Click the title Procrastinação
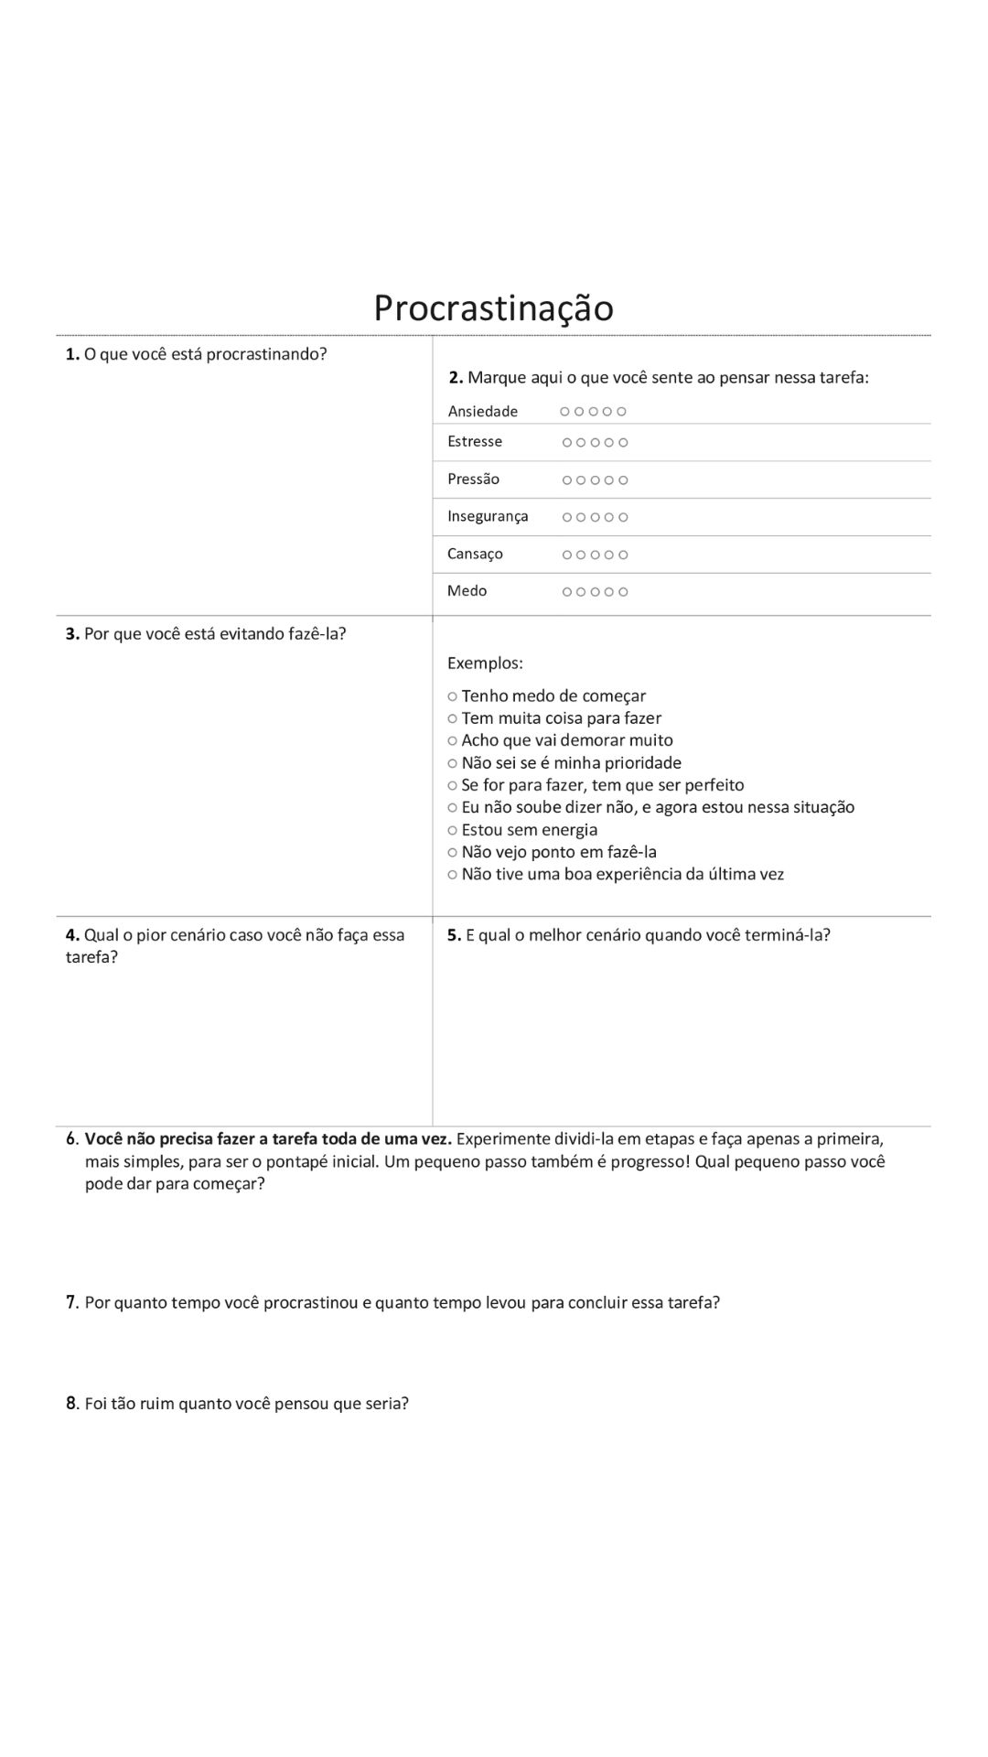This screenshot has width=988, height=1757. click(x=493, y=307)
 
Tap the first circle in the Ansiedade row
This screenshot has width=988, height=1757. click(x=565, y=412)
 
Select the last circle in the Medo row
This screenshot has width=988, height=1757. click(x=623, y=592)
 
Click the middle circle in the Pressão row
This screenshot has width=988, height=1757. click(x=596, y=480)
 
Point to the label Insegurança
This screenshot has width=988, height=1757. click(x=488, y=516)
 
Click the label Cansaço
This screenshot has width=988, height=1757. click(x=475, y=554)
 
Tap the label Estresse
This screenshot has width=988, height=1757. click(x=475, y=441)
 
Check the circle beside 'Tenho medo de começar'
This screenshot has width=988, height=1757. click(x=452, y=696)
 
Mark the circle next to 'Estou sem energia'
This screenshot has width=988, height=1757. click(x=452, y=830)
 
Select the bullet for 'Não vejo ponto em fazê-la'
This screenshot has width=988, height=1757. click(x=452, y=852)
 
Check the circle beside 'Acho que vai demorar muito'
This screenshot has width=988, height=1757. click(x=452, y=740)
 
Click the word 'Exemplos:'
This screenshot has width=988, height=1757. click(x=485, y=663)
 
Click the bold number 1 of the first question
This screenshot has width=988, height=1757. click(x=71, y=354)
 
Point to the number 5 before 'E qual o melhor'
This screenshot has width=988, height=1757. click(x=453, y=934)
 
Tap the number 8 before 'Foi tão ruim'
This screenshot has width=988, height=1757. click(x=71, y=1403)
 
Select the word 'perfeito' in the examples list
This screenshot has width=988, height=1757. click(x=714, y=785)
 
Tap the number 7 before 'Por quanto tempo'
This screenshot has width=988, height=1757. click(x=71, y=1302)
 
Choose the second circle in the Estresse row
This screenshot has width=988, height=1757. click(x=582, y=443)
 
